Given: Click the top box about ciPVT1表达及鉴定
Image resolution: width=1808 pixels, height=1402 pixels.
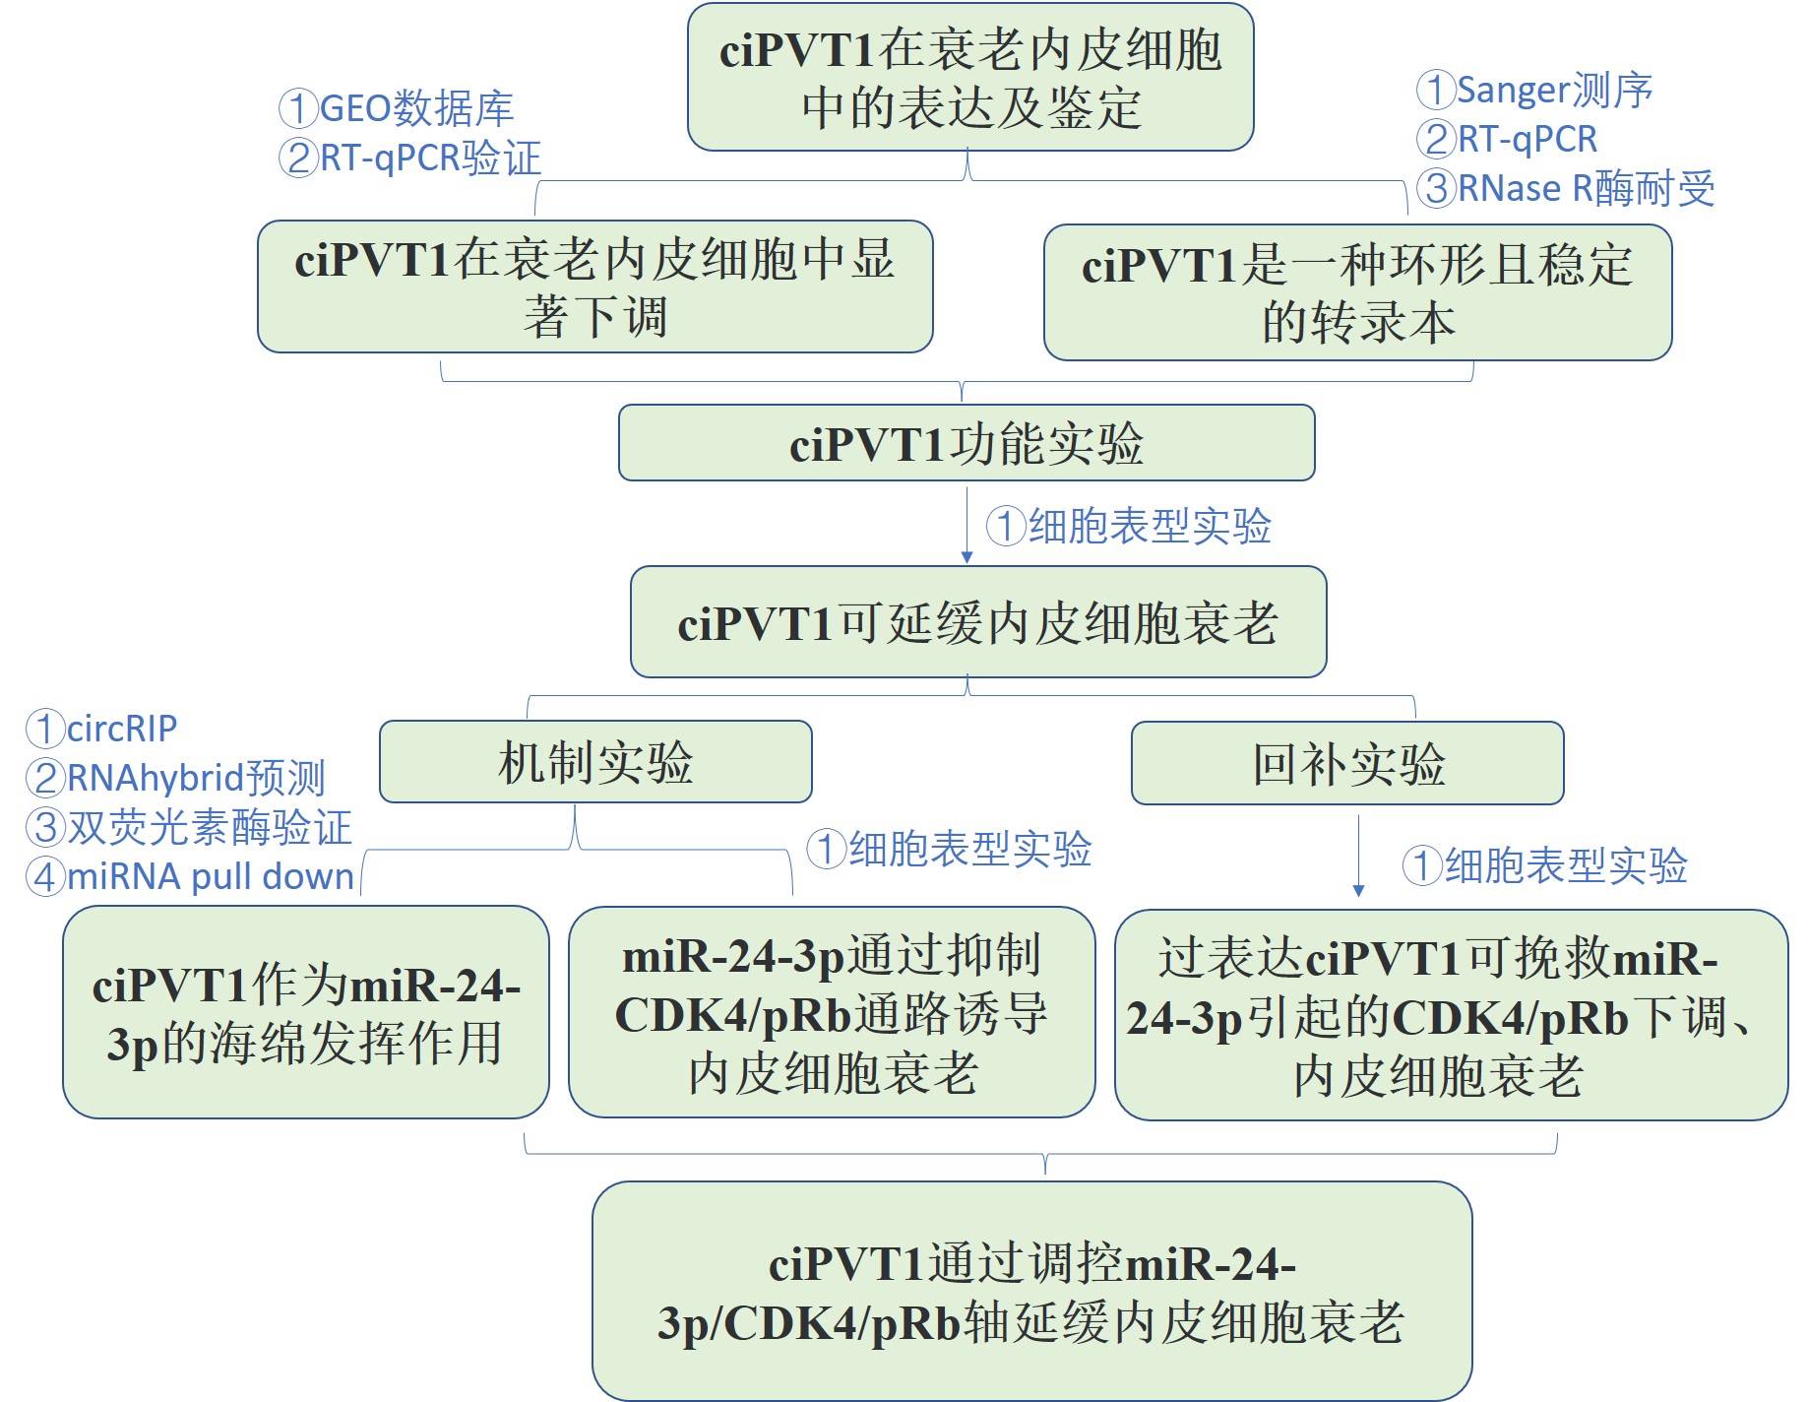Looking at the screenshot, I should (969, 78).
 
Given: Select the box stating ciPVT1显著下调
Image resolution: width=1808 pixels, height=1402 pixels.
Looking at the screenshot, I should (594, 287).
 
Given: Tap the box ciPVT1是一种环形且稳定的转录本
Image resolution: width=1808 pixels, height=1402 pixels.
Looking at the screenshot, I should (1357, 292).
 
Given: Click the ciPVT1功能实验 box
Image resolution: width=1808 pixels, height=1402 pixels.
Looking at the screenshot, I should (966, 443).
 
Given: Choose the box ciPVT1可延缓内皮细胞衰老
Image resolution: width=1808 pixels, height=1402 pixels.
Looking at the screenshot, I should (978, 622).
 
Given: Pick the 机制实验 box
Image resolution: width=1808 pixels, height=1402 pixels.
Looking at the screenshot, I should (595, 762).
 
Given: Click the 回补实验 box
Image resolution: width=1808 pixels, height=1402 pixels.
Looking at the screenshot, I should (1347, 763).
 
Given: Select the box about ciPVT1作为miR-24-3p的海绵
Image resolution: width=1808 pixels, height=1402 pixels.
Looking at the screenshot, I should (305, 1012).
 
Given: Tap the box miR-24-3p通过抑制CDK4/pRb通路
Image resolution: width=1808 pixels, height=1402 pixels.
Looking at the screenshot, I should (832, 1012).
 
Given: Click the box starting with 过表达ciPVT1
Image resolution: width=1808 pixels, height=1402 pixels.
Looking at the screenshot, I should (1451, 1015).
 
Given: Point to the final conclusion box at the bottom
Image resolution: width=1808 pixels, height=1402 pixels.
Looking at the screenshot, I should (1031, 1291).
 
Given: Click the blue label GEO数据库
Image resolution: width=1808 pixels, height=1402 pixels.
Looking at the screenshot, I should (397, 108).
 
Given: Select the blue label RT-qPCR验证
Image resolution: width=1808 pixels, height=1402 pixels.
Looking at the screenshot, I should (410, 158).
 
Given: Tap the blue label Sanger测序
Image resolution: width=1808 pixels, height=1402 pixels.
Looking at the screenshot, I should (1535, 90).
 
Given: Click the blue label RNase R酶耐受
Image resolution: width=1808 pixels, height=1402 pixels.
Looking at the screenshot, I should (1567, 188).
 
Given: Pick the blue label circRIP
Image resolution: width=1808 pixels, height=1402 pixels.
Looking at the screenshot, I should (102, 729).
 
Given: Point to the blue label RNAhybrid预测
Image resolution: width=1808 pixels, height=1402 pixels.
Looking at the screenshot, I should (176, 778).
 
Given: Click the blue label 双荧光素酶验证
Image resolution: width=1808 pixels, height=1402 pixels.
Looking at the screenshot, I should (189, 827).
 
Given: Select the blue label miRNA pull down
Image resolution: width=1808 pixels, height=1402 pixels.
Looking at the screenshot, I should (191, 876).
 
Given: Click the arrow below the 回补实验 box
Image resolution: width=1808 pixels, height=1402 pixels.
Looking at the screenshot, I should (1358, 855).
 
